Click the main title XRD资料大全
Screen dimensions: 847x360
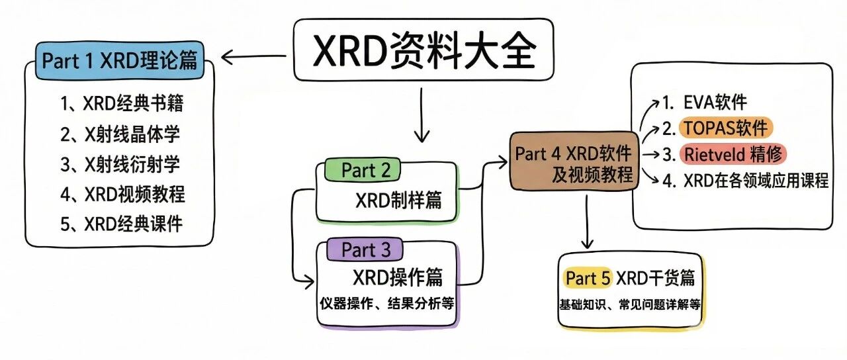click(424, 50)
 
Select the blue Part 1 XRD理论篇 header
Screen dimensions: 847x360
click(120, 60)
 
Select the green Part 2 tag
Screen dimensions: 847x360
click(363, 170)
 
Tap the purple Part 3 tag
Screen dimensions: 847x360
click(365, 249)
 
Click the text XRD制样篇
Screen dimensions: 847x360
click(398, 200)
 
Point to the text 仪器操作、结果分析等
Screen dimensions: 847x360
click(387, 303)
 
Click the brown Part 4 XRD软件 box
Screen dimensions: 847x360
click(574, 161)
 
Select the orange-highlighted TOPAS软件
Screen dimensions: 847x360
click(726, 128)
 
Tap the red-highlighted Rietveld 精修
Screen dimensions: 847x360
click(733, 154)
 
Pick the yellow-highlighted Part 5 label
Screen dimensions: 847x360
click(588, 279)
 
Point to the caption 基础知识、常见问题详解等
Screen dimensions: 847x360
click(630, 304)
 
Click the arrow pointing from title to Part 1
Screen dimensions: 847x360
click(253, 57)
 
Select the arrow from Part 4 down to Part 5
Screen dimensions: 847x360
click(587, 222)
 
